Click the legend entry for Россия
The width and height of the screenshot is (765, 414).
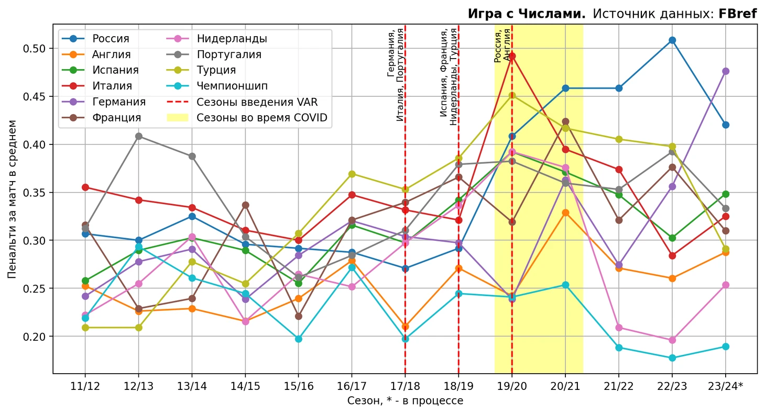[111, 39]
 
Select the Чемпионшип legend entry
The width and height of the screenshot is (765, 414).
[232, 86]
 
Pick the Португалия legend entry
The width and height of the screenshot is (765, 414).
[229, 54]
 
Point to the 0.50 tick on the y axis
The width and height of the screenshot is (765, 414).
[36, 49]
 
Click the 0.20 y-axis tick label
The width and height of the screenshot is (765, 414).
[36, 337]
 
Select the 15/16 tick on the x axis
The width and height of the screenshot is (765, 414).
[298, 386]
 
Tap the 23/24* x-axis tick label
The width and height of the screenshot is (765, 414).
[726, 386]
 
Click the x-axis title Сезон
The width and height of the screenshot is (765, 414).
[405, 401]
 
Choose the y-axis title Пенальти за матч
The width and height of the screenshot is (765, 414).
[13, 199]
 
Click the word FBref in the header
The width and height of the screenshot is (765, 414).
[737, 14]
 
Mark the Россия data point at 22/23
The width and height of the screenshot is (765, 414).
[672, 40]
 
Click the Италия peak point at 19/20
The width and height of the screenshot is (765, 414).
[512, 56]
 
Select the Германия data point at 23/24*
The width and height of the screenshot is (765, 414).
[726, 71]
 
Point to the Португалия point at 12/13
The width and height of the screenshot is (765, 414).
[138, 136]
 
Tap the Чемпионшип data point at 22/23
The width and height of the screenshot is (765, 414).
[672, 358]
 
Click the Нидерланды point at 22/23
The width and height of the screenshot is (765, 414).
[672, 340]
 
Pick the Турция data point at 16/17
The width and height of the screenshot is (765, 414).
[352, 174]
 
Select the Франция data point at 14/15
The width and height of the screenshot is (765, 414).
[245, 205]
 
